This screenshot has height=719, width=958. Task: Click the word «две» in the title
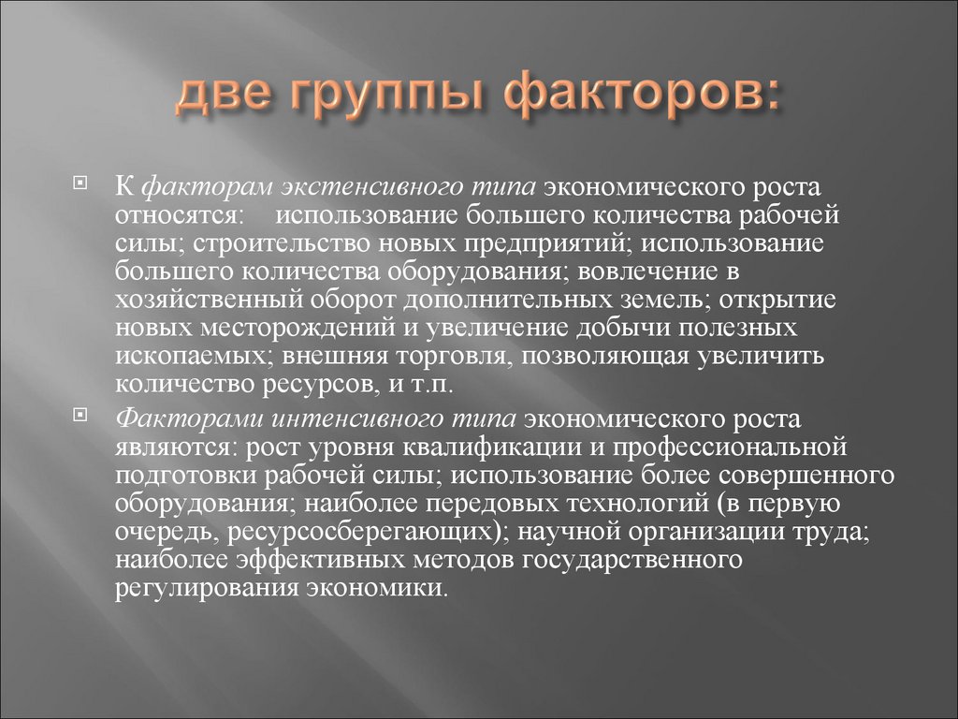coord(224,96)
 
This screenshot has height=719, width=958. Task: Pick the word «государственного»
coord(629,560)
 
